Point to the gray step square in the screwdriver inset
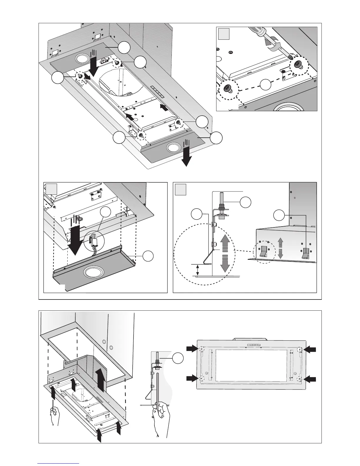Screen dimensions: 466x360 click(x=224, y=34)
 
